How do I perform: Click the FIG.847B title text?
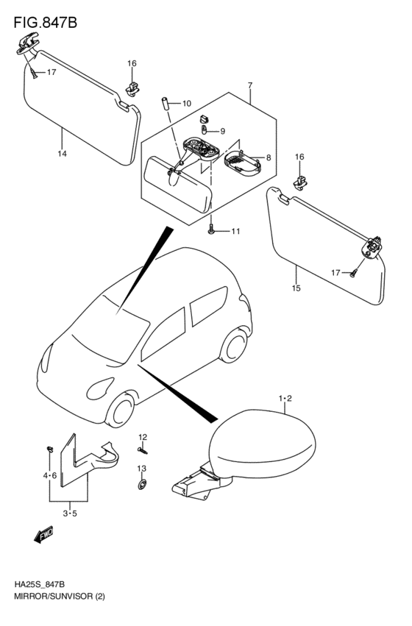[x=45, y=23]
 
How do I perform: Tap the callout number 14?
[x=63, y=154]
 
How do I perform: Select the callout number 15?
[x=296, y=288]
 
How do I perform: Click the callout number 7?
[x=250, y=85]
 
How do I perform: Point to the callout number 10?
[x=186, y=104]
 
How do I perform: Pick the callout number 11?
[x=235, y=232]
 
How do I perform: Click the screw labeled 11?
[x=212, y=230]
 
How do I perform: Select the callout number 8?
[x=269, y=157]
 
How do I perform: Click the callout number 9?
[x=223, y=131]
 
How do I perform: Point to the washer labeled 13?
[x=142, y=485]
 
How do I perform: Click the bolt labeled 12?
[x=143, y=450]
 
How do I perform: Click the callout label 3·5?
[x=70, y=513]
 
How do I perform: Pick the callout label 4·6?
[x=50, y=475]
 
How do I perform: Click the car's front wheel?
[x=120, y=410]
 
